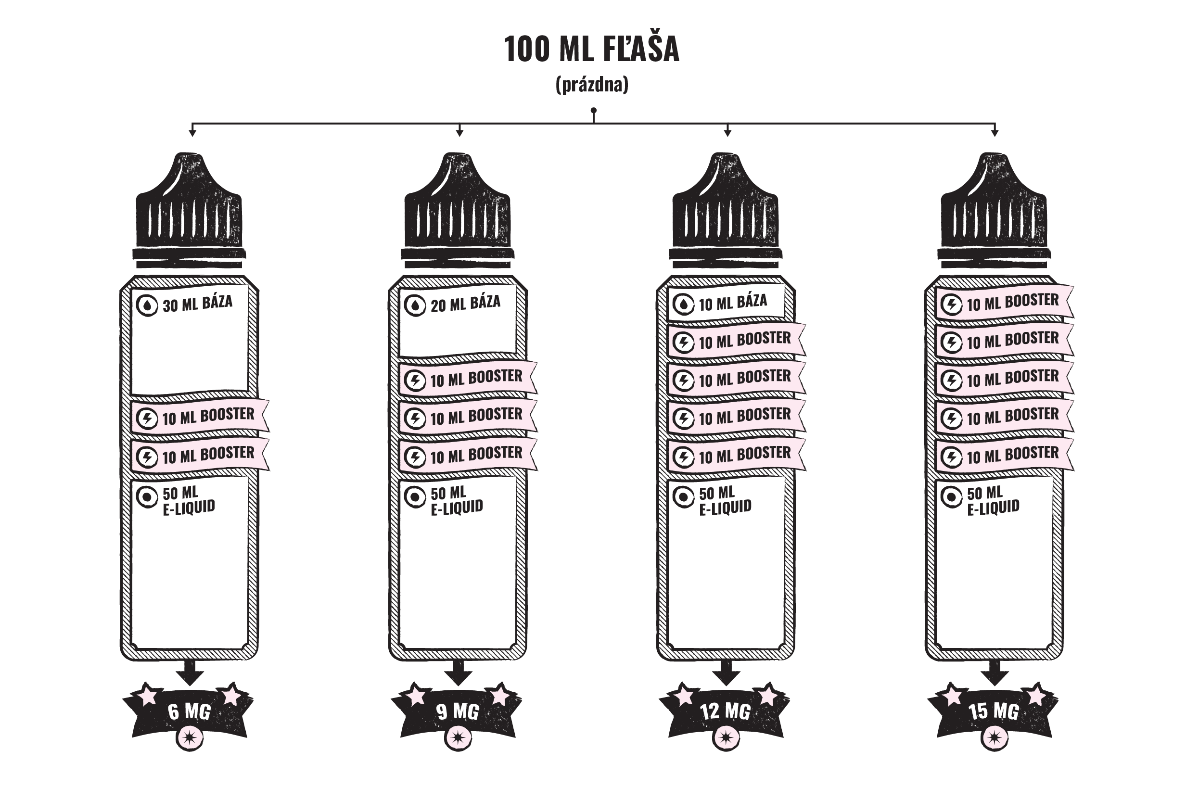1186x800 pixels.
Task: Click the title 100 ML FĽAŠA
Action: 592,50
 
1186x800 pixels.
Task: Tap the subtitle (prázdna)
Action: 592,85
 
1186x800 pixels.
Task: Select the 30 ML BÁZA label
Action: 197,304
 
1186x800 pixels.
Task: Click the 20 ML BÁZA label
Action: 465,304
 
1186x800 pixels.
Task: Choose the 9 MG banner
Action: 457,711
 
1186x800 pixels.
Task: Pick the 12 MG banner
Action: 725,711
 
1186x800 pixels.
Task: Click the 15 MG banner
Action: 994,711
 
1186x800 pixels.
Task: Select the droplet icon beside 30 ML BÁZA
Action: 148,305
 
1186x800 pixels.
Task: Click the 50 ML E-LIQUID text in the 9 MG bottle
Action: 456,500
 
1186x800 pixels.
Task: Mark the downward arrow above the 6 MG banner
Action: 190,674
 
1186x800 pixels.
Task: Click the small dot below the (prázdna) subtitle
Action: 594,110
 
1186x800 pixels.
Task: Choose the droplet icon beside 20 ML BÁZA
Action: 415,305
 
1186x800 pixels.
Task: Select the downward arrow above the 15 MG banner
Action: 995,674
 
